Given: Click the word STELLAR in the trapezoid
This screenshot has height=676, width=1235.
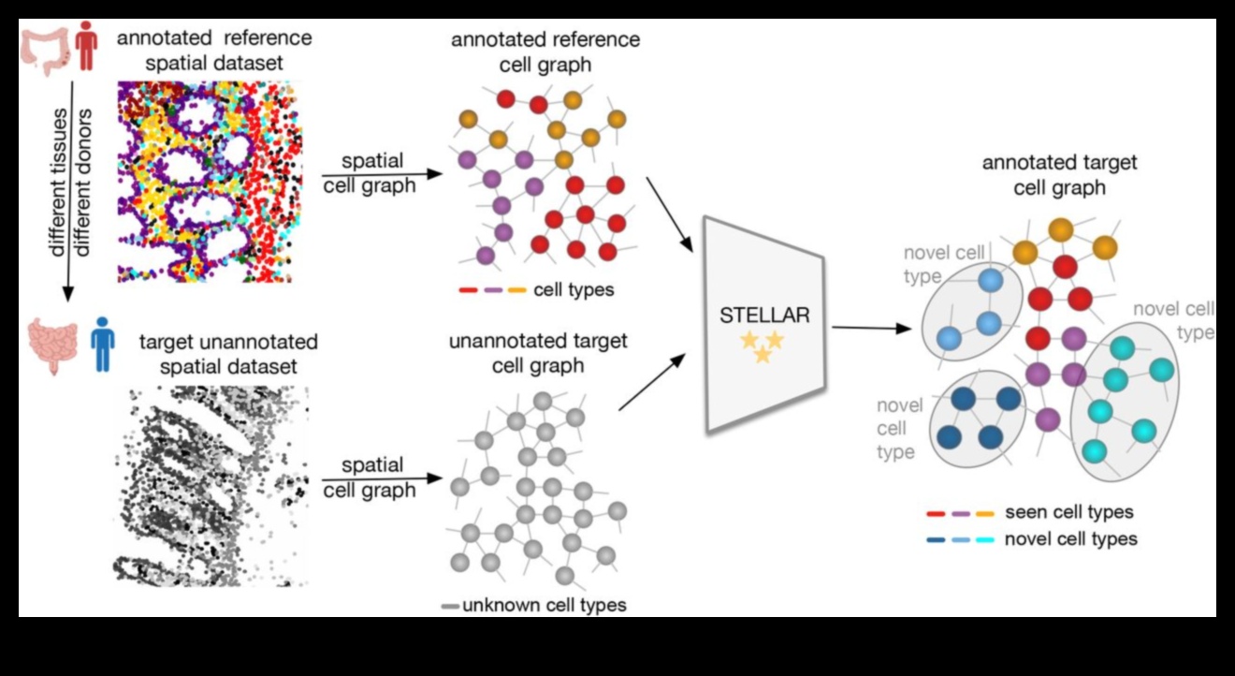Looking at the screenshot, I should (x=764, y=315).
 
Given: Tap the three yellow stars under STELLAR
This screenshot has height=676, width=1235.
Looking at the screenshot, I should (x=763, y=346).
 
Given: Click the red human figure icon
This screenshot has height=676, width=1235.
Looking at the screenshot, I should (x=86, y=48).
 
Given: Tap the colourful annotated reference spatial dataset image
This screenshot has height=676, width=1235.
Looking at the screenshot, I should (x=207, y=182).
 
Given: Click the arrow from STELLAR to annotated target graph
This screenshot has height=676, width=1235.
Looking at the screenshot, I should (x=871, y=328).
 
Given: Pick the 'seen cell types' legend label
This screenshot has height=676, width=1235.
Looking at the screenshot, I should (x=1068, y=512).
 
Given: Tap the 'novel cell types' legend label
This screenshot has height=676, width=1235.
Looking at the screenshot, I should (x=1070, y=538).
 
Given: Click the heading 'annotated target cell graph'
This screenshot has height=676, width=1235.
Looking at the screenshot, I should (x=1059, y=174).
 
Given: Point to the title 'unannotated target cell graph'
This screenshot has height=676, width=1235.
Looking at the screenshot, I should (x=538, y=352).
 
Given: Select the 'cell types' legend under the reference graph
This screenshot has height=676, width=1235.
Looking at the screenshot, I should (x=574, y=289).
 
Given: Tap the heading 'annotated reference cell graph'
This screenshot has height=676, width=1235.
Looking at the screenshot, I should (x=545, y=51).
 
